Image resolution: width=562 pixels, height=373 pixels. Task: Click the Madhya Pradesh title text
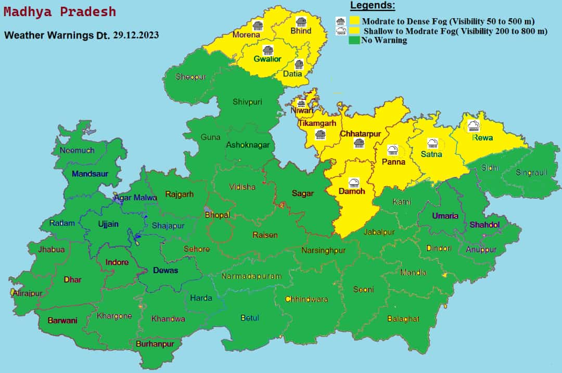[x=60, y=12]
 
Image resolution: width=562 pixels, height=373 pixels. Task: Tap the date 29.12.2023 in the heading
[x=136, y=35]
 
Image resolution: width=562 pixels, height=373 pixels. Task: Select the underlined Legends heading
[x=372, y=6]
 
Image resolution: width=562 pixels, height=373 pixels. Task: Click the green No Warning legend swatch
[x=354, y=40]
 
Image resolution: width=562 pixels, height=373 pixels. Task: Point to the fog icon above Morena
[x=257, y=25]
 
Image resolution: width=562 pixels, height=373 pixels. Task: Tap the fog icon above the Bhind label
[x=300, y=21]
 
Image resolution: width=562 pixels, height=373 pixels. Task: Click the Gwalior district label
[x=267, y=59]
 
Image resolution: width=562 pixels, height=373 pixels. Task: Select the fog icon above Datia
[x=299, y=65]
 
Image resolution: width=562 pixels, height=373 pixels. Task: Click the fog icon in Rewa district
[x=474, y=125]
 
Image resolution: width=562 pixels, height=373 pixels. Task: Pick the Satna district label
[x=431, y=154]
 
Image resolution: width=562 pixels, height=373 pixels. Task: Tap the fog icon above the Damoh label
[x=354, y=182]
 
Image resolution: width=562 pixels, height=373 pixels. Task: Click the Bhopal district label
[x=217, y=215]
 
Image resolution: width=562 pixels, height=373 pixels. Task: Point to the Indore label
[x=117, y=262]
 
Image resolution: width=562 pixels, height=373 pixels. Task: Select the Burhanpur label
[x=155, y=344]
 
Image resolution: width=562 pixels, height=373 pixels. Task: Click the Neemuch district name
[x=77, y=150]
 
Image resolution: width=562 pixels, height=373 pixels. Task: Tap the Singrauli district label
[x=531, y=173]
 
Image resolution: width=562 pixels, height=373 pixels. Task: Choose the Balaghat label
[x=403, y=318]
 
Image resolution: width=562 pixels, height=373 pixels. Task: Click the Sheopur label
[x=190, y=77]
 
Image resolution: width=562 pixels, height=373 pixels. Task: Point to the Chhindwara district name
[x=306, y=299]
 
